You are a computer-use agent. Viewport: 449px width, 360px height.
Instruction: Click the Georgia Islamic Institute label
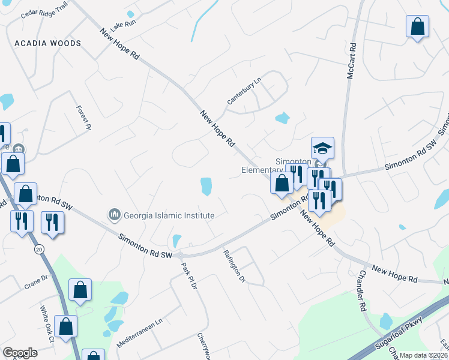point(169,215)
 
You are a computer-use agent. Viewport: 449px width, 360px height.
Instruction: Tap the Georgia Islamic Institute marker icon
point(113,214)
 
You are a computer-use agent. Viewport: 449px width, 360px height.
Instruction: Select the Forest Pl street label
point(83,118)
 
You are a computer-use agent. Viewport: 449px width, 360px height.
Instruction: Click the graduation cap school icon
point(322,148)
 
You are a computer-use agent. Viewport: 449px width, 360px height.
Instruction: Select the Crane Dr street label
point(35,279)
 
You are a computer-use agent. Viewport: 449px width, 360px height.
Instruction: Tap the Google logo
point(20,353)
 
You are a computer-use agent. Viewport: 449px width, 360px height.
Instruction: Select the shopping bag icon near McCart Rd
point(417,27)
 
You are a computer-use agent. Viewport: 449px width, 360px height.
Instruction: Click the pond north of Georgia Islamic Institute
point(206,186)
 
